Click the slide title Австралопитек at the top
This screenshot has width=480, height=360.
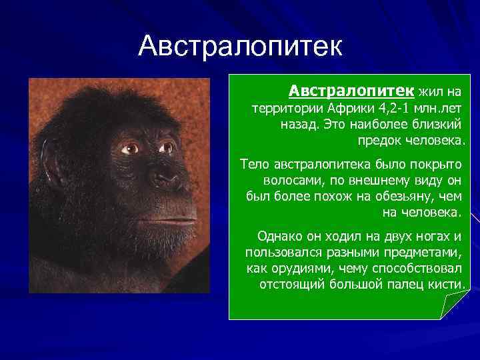click(x=240, y=47)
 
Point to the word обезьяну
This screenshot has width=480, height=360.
click(x=413, y=197)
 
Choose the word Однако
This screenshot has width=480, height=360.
click(x=278, y=236)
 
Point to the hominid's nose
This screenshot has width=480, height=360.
click(x=161, y=177)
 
